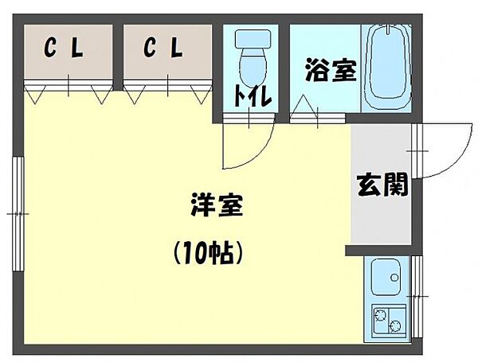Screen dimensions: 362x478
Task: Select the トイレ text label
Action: tap(253, 97)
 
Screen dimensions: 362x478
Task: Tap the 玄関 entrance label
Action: tap(382, 185)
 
